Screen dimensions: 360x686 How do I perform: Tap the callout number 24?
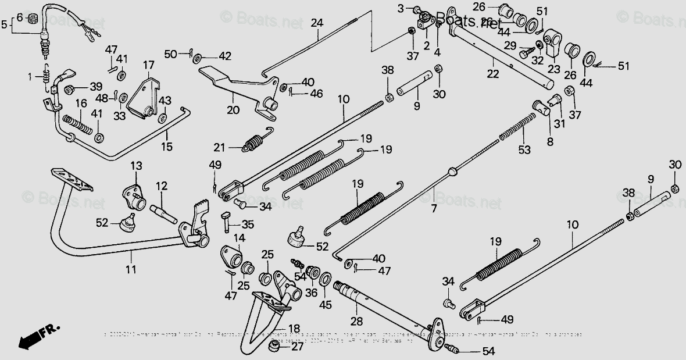316,23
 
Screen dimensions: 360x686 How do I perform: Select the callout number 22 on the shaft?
493,74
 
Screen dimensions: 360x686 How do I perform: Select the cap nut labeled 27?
271,347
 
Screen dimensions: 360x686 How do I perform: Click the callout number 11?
131,269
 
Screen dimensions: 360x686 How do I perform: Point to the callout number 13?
135,166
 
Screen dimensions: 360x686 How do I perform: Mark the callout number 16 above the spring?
80,103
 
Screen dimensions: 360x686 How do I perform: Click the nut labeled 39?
69,89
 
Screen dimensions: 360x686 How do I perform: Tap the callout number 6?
19,18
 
